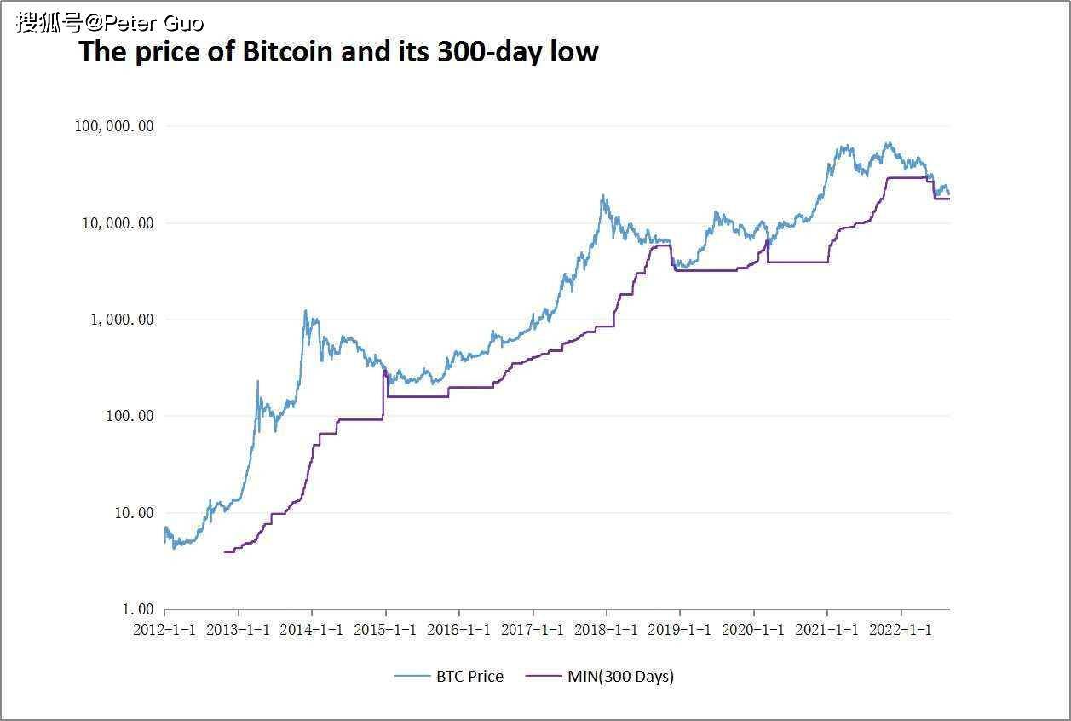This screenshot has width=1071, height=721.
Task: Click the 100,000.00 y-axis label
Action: (114, 126)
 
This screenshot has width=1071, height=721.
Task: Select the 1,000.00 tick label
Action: (123, 320)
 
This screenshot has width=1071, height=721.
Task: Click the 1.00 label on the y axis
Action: (135, 609)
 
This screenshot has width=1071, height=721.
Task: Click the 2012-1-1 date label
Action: (164, 630)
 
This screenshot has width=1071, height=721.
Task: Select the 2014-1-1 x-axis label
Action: (312, 630)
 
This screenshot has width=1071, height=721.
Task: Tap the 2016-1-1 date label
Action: (459, 630)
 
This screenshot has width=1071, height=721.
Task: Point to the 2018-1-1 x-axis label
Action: (607, 630)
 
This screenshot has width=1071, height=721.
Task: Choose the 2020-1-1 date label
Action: (754, 630)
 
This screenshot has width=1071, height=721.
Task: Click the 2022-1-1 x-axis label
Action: (901, 630)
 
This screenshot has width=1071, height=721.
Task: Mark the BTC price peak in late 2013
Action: (305, 311)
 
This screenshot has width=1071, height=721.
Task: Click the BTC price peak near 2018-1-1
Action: (603, 196)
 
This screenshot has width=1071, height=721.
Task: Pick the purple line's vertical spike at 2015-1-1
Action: (385, 372)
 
